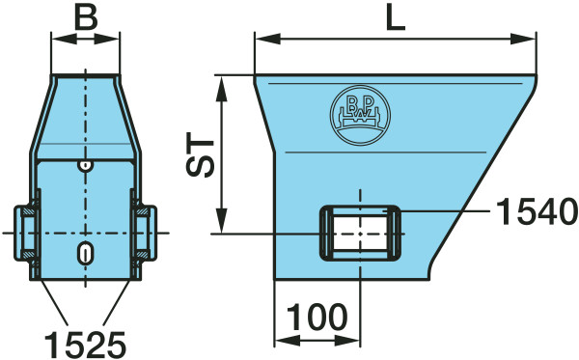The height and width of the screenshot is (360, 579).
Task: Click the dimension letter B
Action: point(86,17)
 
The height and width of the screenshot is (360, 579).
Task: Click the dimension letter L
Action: point(396,17)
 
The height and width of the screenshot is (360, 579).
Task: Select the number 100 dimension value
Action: point(317,318)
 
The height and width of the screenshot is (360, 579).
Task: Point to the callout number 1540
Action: point(537,211)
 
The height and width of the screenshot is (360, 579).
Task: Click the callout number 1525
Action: point(85,345)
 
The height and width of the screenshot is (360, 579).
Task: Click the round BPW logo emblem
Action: point(360,115)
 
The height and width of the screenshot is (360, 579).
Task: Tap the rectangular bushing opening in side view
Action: point(360,234)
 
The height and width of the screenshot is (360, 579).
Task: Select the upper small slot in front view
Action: point(85,166)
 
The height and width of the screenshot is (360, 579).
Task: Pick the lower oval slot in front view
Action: point(85,253)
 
